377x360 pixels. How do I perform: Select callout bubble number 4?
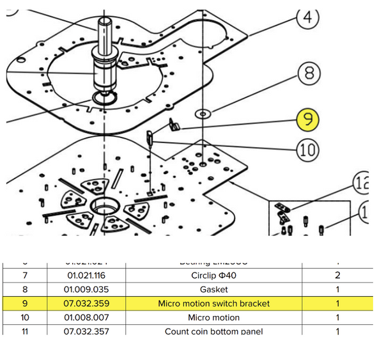(x=308, y=19)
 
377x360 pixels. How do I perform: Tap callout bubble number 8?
(x=309, y=74)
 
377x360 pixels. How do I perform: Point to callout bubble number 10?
(x=309, y=150)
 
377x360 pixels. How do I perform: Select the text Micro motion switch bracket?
(x=213, y=303)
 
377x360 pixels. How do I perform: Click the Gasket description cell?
(x=213, y=290)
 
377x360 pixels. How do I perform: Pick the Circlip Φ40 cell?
(x=213, y=276)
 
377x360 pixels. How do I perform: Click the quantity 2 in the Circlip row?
(x=337, y=276)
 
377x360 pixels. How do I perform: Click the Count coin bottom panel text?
(x=213, y=331)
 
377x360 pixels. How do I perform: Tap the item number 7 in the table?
(x=25, y=276)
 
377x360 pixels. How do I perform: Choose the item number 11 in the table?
(x=25, y=331)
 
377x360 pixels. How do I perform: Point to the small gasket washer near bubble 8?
(x=203, y=113)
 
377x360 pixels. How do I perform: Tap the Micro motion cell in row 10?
(x=213, y=317)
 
